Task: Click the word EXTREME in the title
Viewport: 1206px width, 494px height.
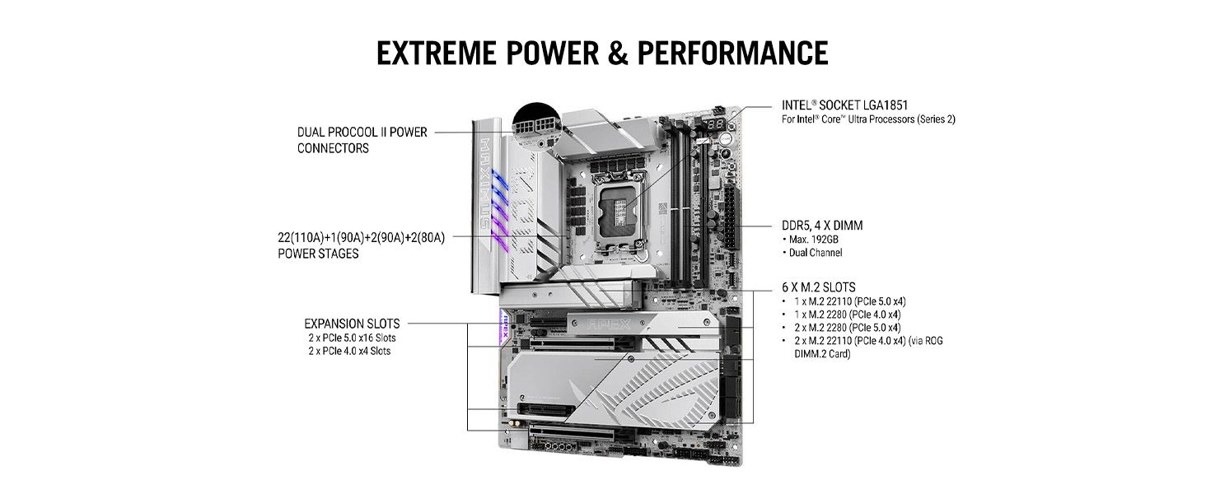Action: [x=436, y=54]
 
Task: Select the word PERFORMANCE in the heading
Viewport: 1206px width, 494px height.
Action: [x=733, y=54]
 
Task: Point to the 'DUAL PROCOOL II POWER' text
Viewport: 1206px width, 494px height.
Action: [x=362, y=132]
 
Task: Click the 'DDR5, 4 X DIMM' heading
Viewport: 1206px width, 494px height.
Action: [x=822, y=226]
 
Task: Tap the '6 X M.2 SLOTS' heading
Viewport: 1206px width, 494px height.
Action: [x=818, y=287]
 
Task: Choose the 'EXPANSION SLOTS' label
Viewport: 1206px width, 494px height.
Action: [x=352, y=324]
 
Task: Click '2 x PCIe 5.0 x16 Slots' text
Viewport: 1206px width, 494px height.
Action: [x=352, y=338]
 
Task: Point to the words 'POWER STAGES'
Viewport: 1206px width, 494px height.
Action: [x=318, y=254]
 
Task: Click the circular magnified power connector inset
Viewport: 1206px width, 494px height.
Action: [x=537, y=125]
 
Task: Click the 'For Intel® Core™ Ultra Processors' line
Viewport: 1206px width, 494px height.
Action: [x=868, y=119]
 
